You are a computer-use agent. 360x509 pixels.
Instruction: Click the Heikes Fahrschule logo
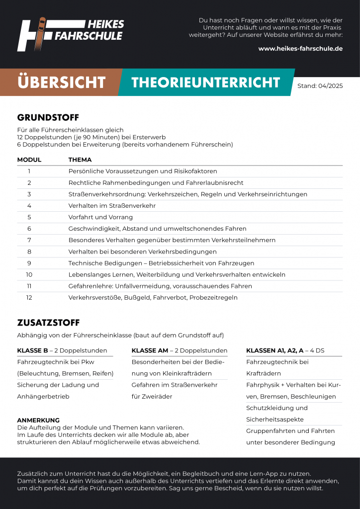click(70, 34)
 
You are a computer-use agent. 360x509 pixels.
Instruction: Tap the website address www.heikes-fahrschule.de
click(300, 49)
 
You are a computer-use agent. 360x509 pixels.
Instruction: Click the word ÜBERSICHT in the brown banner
click(61, 82)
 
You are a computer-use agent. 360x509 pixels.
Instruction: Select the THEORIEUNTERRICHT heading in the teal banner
click(206, 82)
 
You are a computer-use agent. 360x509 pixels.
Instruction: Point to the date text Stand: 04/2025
click(320, 85)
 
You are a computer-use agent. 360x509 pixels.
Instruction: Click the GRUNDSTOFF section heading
click(48, 117)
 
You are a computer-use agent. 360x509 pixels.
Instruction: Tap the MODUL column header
click(29, 160)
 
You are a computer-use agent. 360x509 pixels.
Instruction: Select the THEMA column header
click(80, 160)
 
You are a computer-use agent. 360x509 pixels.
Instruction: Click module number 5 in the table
click(29, 217)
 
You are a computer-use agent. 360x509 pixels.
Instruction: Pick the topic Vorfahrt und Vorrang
click(100, 217)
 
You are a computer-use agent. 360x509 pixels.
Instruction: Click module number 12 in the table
click(29, 298)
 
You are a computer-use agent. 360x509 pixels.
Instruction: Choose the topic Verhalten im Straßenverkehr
click(112, 206)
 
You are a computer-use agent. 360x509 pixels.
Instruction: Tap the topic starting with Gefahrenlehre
click(160, 286)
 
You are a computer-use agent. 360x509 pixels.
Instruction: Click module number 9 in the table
click(29, 263)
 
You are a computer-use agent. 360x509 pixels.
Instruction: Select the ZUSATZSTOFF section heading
click(48, 323)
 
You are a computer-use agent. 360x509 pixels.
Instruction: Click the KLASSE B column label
click(32, 350)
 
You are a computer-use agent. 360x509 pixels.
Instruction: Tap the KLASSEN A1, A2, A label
click(274, 350)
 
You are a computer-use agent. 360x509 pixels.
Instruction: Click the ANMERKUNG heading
click(38, 421)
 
